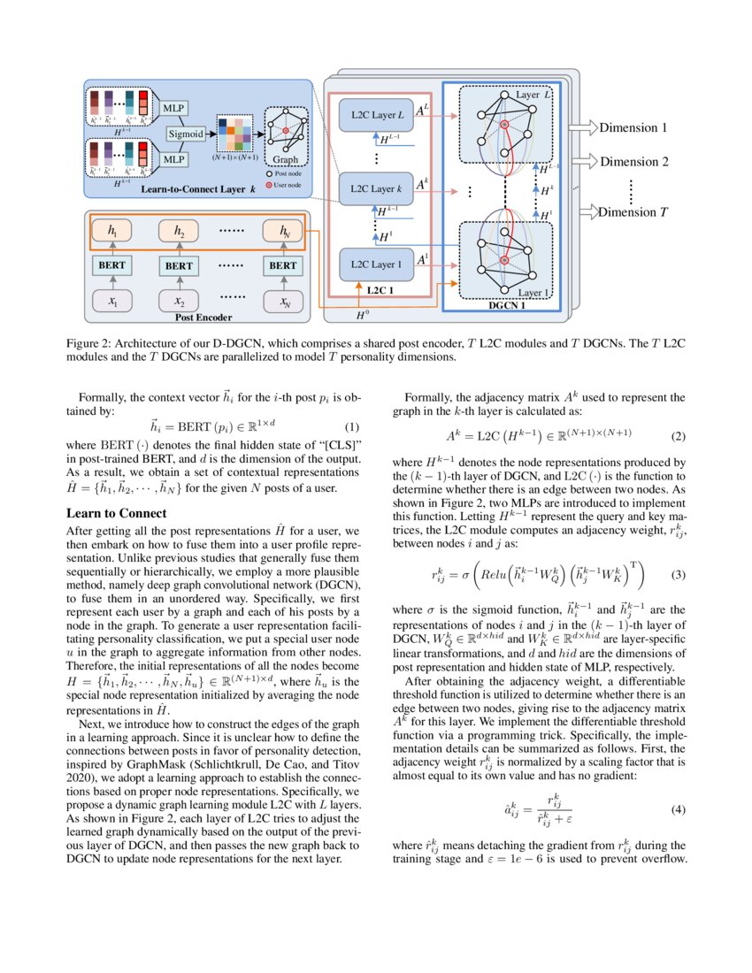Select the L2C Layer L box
[376, 115]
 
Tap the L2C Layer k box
[376, 189]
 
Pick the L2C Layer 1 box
[376, 264]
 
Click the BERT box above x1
[111, 264]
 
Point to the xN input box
[283, 303]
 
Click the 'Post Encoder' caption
[203, 318]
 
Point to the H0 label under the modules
[363, 313]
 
